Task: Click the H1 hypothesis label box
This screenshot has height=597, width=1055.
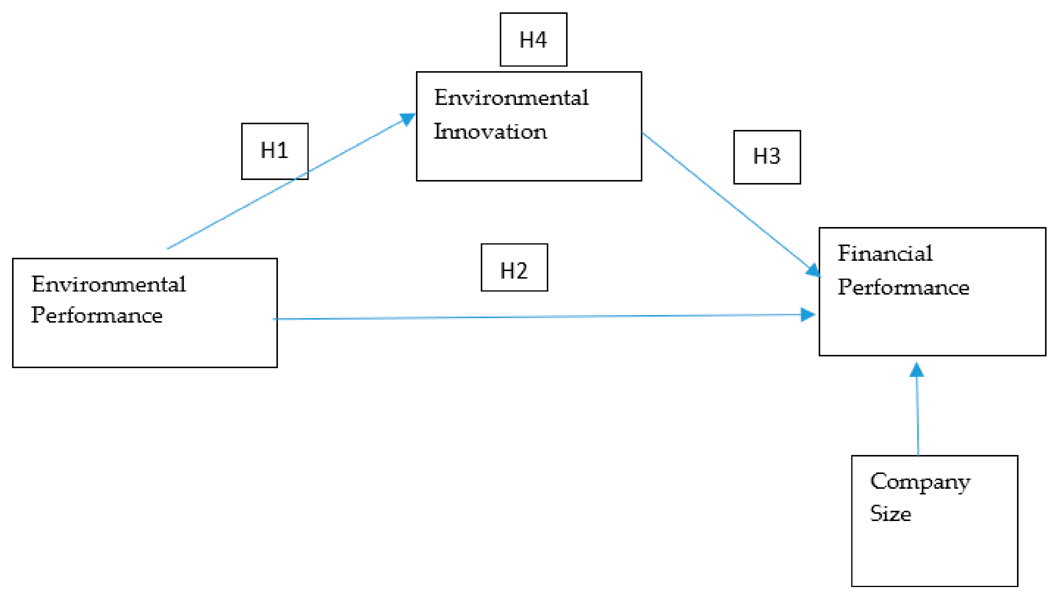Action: point(275,151)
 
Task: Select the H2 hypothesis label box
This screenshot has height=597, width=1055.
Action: point(514,267)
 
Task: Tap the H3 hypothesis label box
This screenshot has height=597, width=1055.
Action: point(767,157)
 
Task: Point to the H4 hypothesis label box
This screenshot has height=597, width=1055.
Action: point(533,39)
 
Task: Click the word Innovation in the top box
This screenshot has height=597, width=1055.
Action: point(490,132)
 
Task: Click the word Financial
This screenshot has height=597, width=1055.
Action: point(884,253)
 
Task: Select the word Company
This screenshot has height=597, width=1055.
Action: point(919,482)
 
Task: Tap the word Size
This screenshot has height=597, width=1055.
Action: point(890,513)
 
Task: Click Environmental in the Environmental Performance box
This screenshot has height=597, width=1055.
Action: point(109,284)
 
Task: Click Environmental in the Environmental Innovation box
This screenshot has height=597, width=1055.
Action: point(511,98)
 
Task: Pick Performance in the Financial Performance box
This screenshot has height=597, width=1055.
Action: point(903,287)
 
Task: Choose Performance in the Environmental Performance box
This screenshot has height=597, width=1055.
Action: point(97,315)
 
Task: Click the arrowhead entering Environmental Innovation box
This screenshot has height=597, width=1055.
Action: point(408,119)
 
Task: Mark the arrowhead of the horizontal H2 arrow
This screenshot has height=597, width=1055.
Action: point(808,314)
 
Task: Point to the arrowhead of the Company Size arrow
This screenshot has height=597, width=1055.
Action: point(916,370)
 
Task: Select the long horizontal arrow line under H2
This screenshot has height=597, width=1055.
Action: point(533,317)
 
